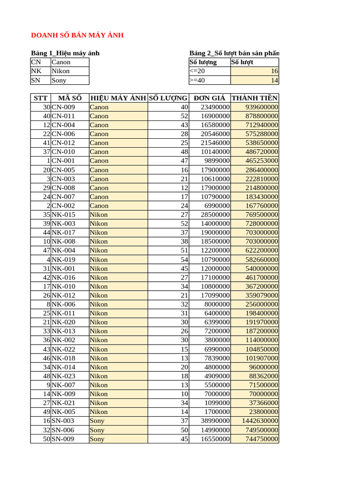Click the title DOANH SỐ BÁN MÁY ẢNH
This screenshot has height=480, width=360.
click(77, 36)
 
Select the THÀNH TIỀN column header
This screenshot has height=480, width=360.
click(255, 98)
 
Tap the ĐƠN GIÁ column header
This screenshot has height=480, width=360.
click(210, 98)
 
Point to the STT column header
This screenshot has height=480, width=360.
click(41, 98)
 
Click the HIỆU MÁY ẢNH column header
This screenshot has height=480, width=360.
click(118, 98)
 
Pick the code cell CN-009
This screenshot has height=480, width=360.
click(63, 107)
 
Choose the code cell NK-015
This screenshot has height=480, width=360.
click(63, 215)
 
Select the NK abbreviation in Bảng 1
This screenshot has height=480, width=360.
click(36, 71)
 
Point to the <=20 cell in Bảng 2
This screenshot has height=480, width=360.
click(197, 71)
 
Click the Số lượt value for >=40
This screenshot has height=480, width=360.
click(274, 80)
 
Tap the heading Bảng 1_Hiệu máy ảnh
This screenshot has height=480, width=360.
click(65, 53)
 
